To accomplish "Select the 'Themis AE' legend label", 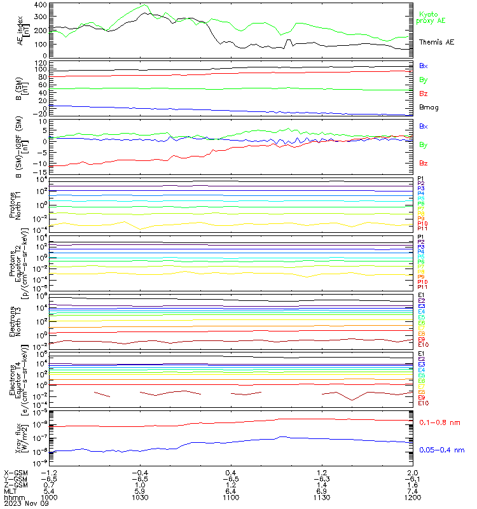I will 436,41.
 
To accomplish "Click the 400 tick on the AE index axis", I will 40,5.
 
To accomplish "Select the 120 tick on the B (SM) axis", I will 40,62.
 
